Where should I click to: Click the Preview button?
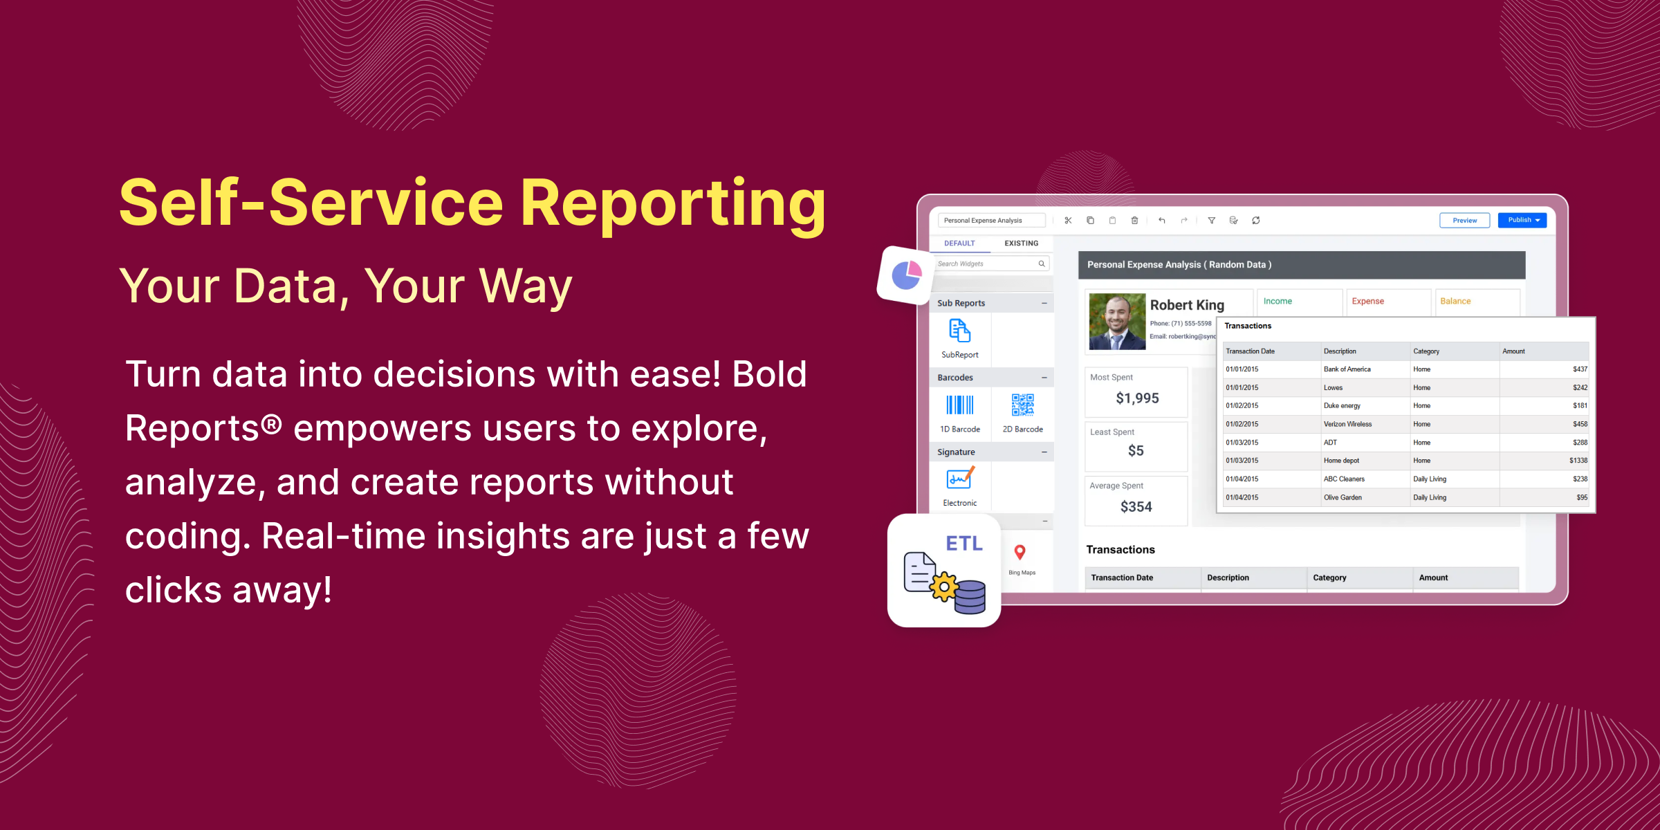tap(1464, 220)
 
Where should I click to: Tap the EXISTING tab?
tap(1021, 243)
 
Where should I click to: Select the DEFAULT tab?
tap(959, 243)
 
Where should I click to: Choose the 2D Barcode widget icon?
tap(1022, 405)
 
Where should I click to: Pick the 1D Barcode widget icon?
tap(960, 405)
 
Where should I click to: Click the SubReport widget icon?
tap(959, 331)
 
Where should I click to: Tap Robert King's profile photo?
tap(1116, 322)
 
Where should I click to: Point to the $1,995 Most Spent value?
tap(1137, 398)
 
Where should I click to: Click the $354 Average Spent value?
tap(1136, 507)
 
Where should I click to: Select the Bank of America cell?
tap(1347, 369)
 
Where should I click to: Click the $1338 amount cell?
tap(1578, 461)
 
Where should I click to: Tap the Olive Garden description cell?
tap(1342, 497)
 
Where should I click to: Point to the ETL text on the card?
tap(963, 544)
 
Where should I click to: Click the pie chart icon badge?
tap(906, 275)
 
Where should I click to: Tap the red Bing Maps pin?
tap(1020, 552)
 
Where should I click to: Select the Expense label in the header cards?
tap(1367, 302)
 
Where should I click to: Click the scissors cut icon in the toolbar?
tap(1068, 221)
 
